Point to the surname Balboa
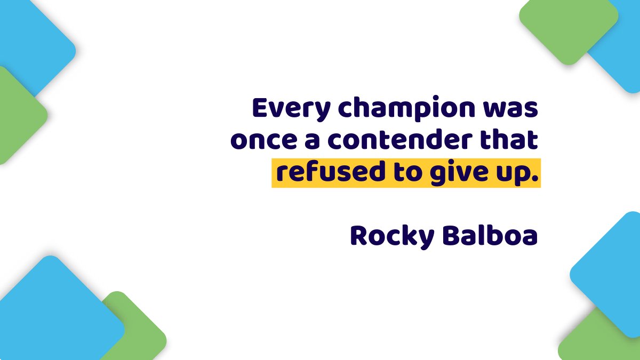490,236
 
